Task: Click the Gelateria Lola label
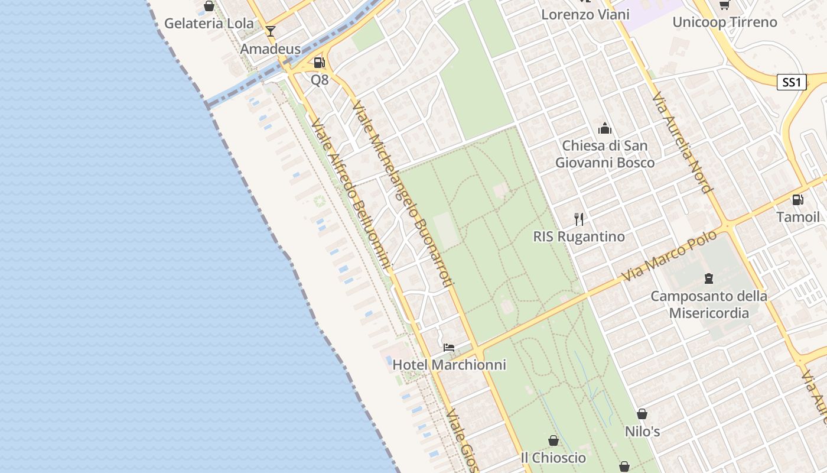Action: click(209, 24)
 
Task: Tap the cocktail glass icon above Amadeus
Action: click(271, 31)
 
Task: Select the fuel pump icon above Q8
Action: click(319, 62)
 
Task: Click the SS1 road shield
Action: click(791, 82)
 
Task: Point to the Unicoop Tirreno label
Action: click(724, 22)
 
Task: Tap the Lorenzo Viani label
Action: click(585, 15)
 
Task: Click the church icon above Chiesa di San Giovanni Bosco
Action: click(605, 128)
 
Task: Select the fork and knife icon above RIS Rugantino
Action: click(579, 219)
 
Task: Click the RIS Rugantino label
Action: click(579, 237)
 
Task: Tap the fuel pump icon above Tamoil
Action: click(797, 200)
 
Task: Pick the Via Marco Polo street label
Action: click(669, 255)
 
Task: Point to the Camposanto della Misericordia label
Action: click(709, 304)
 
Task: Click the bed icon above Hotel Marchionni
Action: click(449, 347)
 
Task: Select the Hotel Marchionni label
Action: click(449, 365)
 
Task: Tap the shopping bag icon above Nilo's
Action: click(642, 414)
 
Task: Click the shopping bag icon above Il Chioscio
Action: click(553, 440)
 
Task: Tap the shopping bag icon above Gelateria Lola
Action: click(209, 7)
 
